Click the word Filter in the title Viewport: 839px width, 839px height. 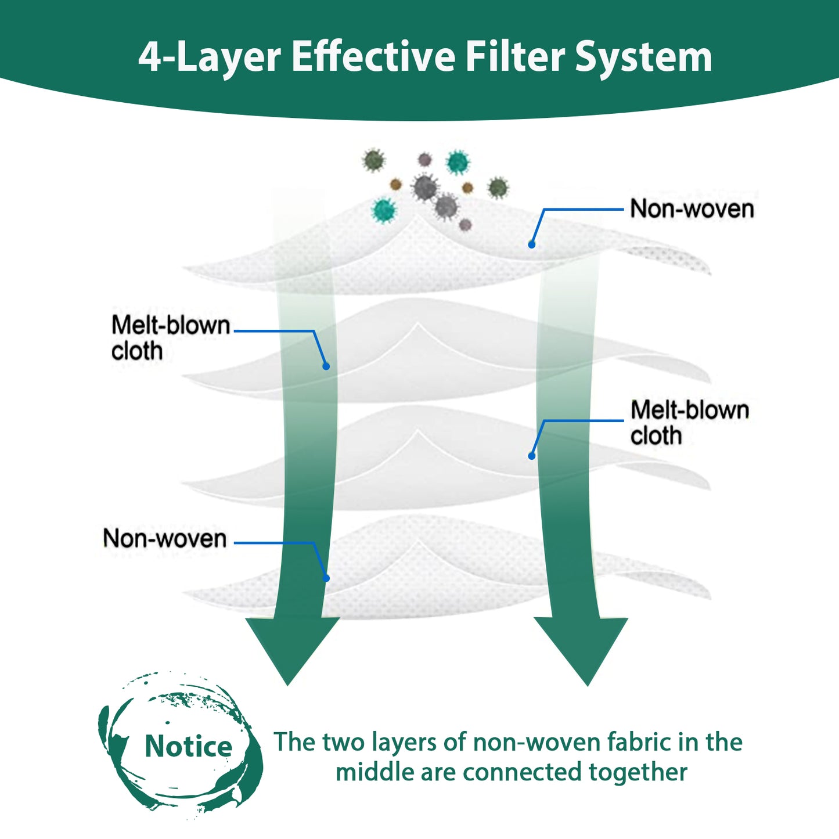(x=515, y=56)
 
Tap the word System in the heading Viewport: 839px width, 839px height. (x=643, y=59)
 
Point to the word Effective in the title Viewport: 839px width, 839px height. (x=373, y=56)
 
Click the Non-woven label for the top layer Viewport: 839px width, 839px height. (x=692, y=208)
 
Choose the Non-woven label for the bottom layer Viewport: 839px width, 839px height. (x=165, y=538)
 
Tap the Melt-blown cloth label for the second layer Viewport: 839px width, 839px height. (x=170, y=338)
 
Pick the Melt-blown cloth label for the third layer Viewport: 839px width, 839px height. (x=690, y=422)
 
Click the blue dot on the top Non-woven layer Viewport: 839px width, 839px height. (x=532, y=244)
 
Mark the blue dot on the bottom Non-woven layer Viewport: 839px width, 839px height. (x=326, y=578)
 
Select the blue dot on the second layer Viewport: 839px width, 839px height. (x=326, y=366)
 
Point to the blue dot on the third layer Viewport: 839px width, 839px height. (x=532, y=456)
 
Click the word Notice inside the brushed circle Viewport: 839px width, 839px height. (x=189, y=746)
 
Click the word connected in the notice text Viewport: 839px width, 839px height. (x=521, y=772)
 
